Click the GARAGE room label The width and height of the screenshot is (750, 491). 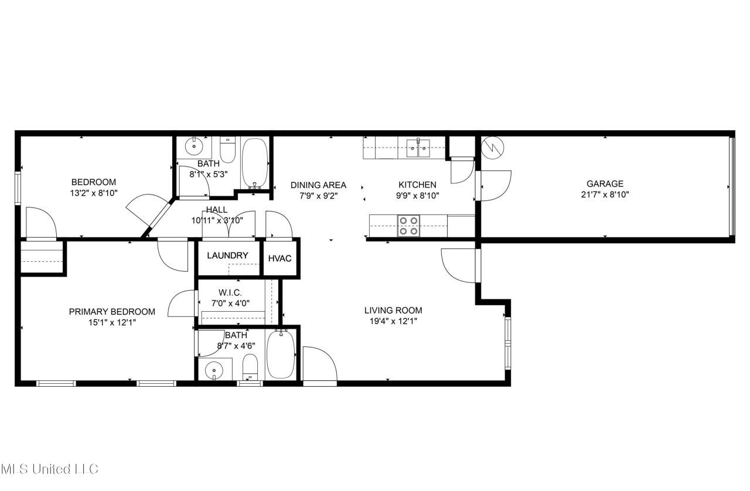click(x=605, y=183)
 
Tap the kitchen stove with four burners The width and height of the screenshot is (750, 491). click(x=408, y=226)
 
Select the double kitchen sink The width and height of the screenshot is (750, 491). click(x=418, y=148)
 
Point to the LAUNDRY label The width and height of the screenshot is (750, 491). click(x=227, y=255)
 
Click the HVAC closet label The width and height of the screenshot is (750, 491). click(x=279, y=258)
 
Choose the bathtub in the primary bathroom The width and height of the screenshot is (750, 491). click(x=281, y=354)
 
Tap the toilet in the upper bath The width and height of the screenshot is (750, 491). click(x=227, y=150)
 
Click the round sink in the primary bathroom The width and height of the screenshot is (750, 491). click(x=214, y=371)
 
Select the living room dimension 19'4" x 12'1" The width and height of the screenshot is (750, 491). click(x=393, y=321)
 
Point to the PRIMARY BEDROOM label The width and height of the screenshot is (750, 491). click(x=112, y=312)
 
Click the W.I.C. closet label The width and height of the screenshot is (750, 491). click(x=230, y=293)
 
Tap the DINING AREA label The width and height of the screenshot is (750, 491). click(x=318, y=185)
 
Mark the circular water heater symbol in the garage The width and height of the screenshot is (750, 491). click(x=493, y=148)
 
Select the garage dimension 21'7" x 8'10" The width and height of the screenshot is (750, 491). click(x=605, y=195)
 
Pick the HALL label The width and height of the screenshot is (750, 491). click(x=217, y=210)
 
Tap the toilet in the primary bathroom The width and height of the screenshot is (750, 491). click(x=250, y=367)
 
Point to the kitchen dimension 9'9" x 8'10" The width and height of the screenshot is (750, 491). click(x=417, y=195)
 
